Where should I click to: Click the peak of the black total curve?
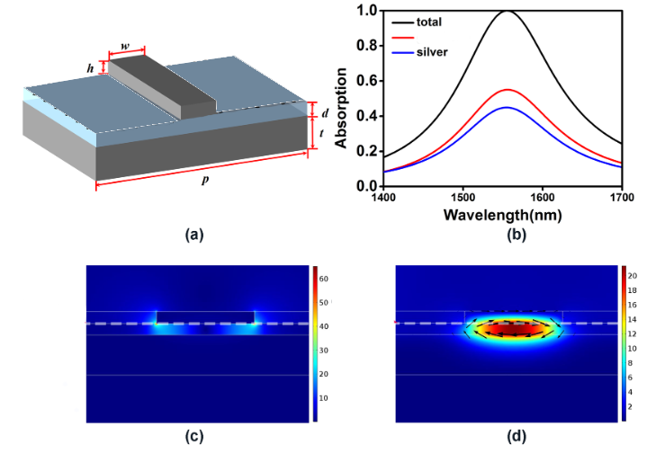click(508, 11)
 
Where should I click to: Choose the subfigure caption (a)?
click(193, 235)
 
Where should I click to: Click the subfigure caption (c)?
click(193, 438)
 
